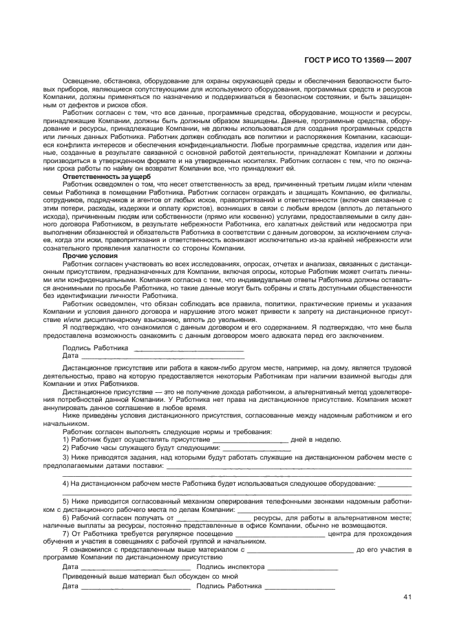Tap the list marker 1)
point(66,438)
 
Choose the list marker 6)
point(66,517)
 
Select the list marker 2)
point(66,447)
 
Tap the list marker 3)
point(66,456)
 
